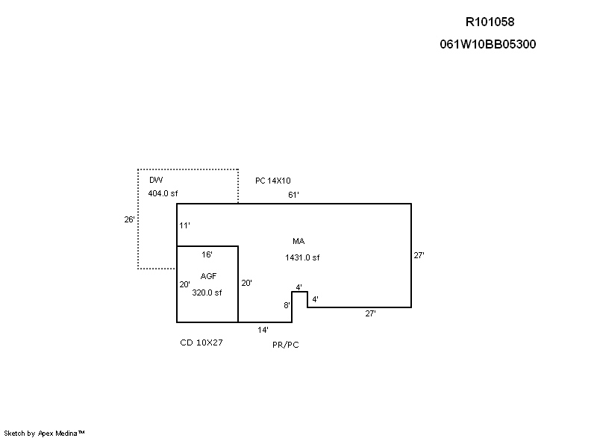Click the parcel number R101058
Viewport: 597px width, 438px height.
[x=490, y=22]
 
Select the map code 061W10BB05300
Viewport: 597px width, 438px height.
[x=488, y=44]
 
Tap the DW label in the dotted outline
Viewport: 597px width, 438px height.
[x=156, y=181]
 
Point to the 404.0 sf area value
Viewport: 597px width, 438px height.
[x=163, y=193]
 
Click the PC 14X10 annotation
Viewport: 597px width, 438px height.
[x=273, y=181]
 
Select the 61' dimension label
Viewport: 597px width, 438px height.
[x=293, y=195]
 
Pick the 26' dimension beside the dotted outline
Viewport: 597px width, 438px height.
[x=129, y=219]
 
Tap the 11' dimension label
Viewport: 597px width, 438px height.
[x=185, y=225]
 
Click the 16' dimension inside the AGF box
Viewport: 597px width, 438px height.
[x=207, y=254]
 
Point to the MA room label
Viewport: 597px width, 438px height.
[x=298, y=241]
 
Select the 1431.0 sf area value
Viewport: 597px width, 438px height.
[x=302, y=257]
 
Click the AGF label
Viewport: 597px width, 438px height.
[x=208, y=276]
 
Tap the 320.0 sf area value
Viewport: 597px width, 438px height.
[x=207, y=292]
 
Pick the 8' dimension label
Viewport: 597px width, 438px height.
[x=287, y=305]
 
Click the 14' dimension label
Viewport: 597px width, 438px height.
[x=263, y=329]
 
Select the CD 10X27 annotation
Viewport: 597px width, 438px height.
[x=201, y=342]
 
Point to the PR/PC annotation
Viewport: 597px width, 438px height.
[x=286, y=345]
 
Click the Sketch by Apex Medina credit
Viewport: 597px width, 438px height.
[x=45, y=432]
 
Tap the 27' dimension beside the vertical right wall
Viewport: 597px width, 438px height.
[x=419, y=255]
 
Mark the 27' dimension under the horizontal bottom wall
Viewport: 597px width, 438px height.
[x=370, y=313]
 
